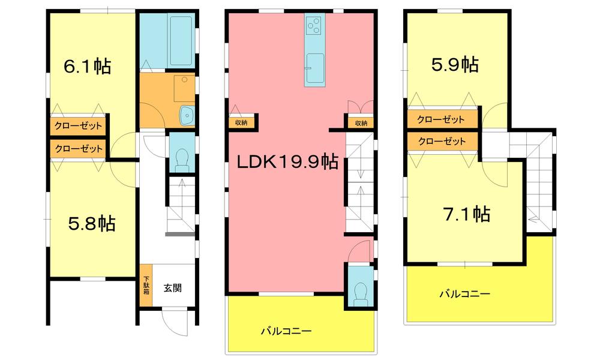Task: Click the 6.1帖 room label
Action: (88, 67)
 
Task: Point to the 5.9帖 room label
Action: (455, 64)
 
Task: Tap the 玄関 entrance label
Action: (173, 287)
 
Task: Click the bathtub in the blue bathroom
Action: (180, 41)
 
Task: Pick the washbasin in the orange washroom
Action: (187, 114)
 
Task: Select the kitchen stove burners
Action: (314, 25)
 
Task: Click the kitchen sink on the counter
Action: (314, 62)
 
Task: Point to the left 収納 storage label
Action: (242, 122)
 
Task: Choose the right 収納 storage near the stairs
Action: (361, 122)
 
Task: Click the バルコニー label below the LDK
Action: (286, 331)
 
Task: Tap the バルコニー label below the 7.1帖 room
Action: (464, 295)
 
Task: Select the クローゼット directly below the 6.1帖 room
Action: (79, 126)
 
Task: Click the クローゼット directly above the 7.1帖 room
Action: (442, 142)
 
